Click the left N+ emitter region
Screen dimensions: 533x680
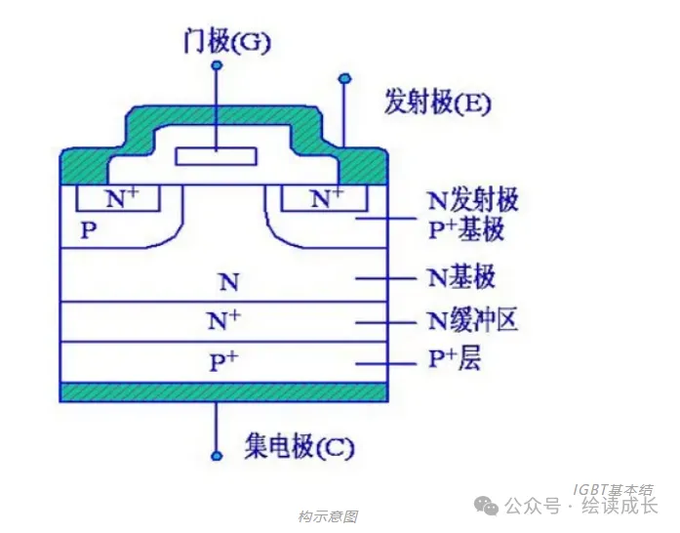click(121, 198)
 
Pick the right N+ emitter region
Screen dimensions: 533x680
click(326, 198)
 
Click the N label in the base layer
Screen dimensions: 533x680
click(226, 283)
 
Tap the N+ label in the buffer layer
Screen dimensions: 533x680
click(224, 320)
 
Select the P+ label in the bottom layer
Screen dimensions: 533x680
click(224, 362)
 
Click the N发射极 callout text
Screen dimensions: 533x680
click(473, 201)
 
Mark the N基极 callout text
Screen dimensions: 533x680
click(461, 277)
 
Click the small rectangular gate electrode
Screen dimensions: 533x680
click(216, 156)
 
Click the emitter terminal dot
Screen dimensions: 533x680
click(343, 77)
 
